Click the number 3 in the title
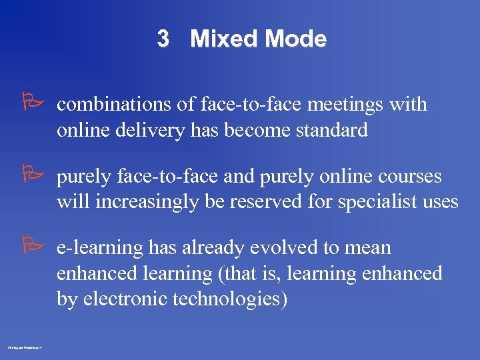(x=163, y=39)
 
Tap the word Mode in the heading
(x=294, y=39)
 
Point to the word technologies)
(x=230, y=299)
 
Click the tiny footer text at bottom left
(x=24, y=347)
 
